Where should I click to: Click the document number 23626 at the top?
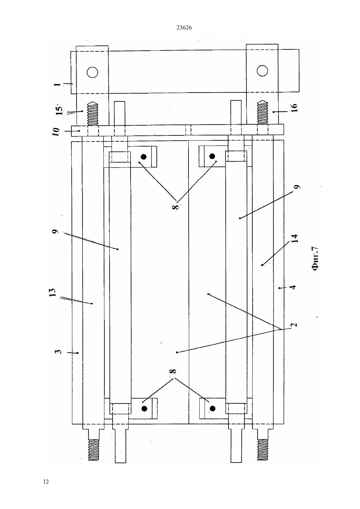184,28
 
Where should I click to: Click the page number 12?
46,482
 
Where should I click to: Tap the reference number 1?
57,84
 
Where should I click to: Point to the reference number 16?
294,108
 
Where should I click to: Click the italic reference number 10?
56,132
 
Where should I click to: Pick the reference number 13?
52,292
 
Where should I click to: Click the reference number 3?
58,352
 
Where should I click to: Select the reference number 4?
294,287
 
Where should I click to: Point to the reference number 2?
294,324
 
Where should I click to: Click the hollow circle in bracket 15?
92,73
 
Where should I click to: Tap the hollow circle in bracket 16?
262,71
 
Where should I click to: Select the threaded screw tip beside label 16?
262,113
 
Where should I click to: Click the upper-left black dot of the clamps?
144,157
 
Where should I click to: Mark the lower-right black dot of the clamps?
212,409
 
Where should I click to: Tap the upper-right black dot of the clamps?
212,156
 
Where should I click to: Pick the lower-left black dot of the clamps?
144,409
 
